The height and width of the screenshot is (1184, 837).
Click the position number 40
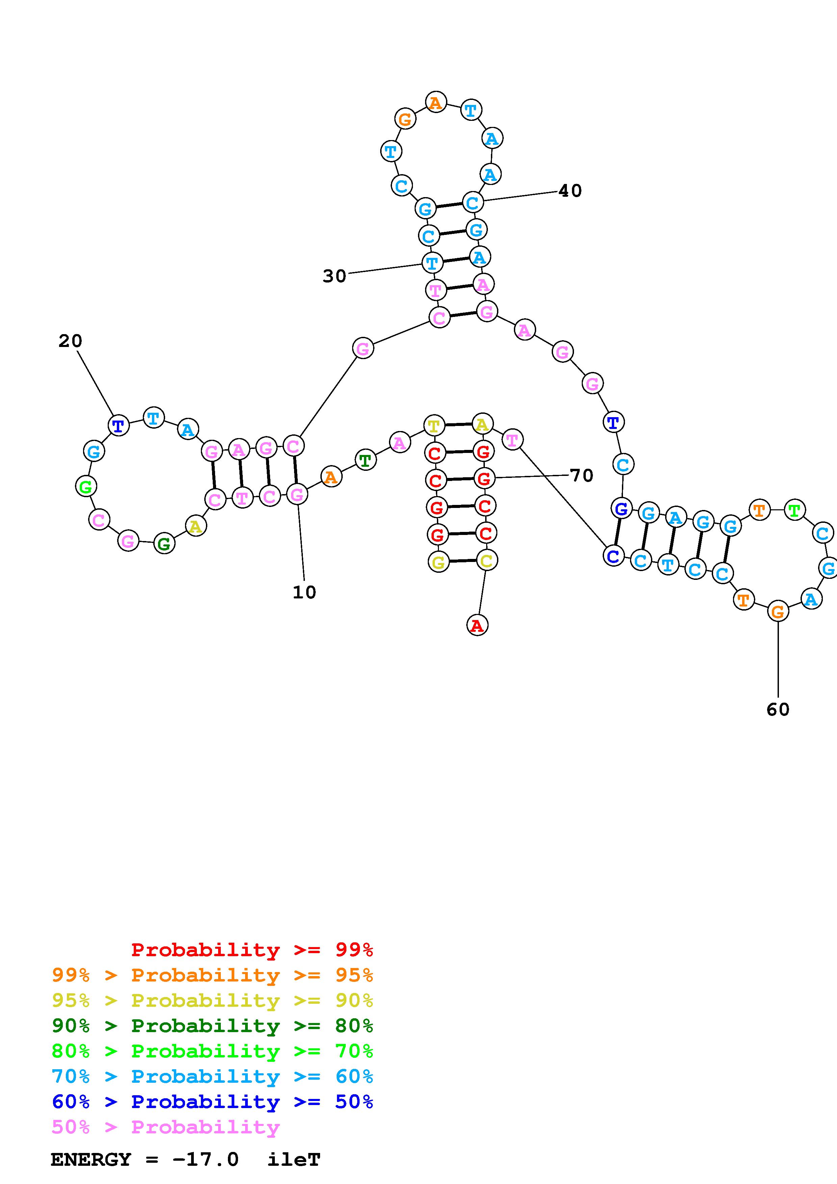(x=570, y=191)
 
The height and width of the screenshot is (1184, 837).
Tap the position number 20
(x=70, y=341)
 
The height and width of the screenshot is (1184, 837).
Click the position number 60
(x=778, y=709)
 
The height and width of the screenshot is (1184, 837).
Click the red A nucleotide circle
(x=477, y=625)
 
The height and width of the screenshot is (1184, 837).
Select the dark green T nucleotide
(x=365, y=460)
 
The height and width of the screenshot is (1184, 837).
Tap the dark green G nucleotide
(x=164, y=543)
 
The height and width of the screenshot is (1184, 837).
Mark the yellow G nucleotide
(x=438, y=562)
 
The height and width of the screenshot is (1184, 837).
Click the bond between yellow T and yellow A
(x=459, y=424)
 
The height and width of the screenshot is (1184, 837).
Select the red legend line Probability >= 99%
(x=252, y=949)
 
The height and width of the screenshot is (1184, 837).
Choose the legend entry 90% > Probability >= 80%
(x=212, y=1026)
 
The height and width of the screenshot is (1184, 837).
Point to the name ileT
(x=294, y=1160)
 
